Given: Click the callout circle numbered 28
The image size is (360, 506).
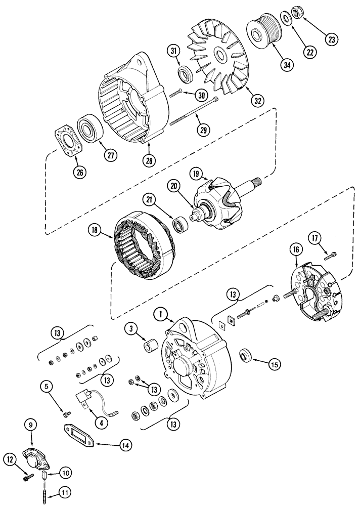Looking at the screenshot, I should (149, 160).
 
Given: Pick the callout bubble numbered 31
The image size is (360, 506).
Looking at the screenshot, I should (173, 51).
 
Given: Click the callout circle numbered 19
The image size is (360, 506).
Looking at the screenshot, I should (198, 175).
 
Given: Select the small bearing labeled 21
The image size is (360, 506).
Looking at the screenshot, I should (179, 224).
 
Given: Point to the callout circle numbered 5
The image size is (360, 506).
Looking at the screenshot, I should (47, 388).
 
